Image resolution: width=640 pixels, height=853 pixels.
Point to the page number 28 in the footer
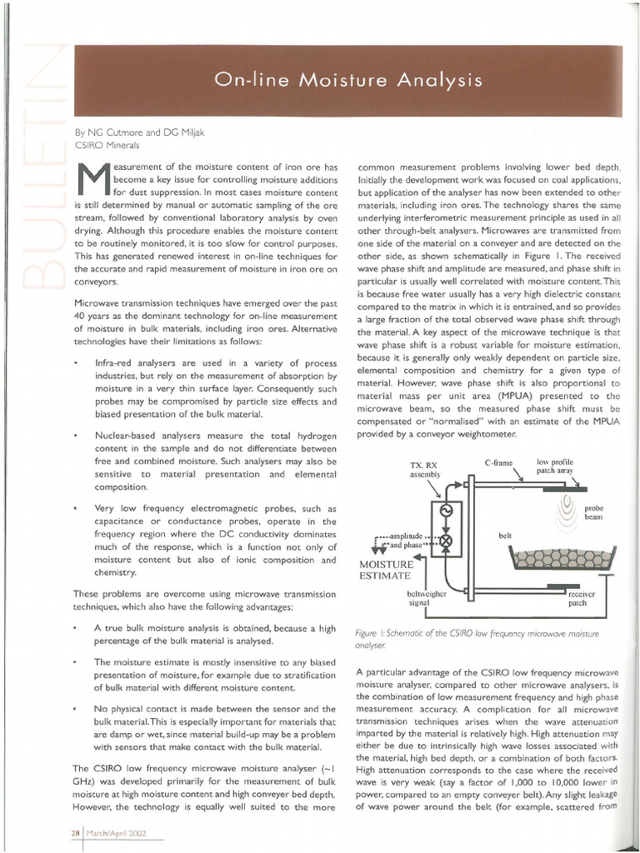pyautogui.click(x=75, y=834)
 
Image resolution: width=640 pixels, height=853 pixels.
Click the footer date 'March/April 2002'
pyautogui.click(x=117, y=834)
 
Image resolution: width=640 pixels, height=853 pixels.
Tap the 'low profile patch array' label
pyautogui.click(x=556, y=466)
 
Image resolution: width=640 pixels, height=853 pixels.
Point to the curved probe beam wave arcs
pyautogui.click(x=569, y=507)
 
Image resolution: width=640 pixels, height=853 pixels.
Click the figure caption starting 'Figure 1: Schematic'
pyautogui.click(x=477, y=639)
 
